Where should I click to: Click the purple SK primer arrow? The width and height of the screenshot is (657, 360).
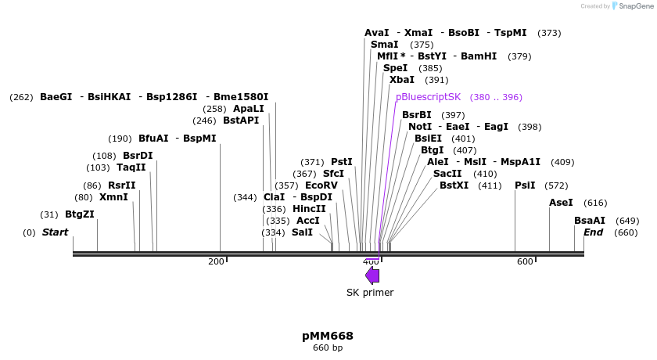coord(372,275)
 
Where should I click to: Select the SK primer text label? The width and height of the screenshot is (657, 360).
coord(370,293)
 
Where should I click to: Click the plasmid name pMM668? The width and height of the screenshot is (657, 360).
coord(328,336)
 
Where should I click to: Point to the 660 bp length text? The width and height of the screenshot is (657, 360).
coord(328,348)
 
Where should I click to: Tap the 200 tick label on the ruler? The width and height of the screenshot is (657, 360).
coord(216,261)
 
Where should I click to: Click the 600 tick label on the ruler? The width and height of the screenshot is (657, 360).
coord(525,261)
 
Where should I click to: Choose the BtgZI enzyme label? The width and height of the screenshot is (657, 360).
coord(80,214)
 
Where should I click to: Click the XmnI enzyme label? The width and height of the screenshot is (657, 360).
coord(113,197)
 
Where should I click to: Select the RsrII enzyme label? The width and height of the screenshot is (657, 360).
coord(121,185)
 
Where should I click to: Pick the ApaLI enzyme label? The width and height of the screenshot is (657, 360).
coord(249,109)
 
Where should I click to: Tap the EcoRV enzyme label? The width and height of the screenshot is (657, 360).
coord(321,185)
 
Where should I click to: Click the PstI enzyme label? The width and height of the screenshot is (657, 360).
coord(342,162)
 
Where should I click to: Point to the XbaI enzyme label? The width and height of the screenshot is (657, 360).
coord(402,80)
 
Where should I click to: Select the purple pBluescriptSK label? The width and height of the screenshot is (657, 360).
coord(429,97)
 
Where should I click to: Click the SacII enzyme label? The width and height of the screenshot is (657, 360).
coord(447,174)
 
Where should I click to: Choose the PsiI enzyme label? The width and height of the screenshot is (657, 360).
coord(526,185)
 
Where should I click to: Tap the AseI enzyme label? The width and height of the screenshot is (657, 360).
coord(561,203)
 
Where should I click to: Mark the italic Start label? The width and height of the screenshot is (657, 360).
coord(55,232)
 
